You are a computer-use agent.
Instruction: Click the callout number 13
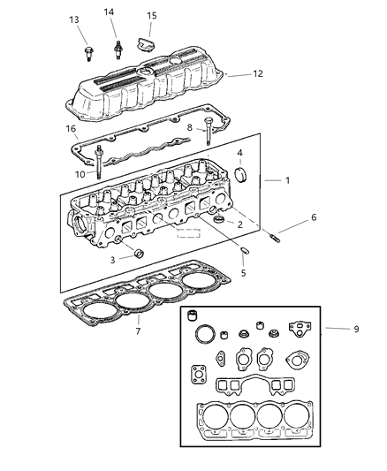(73, 19)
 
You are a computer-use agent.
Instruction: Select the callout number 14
(110, 11)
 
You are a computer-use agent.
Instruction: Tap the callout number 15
(152, 15)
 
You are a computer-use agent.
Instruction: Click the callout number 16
(70, 128)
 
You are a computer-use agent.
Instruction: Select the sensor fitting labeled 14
(116, 45)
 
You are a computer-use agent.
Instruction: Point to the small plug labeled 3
(138, 256)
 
